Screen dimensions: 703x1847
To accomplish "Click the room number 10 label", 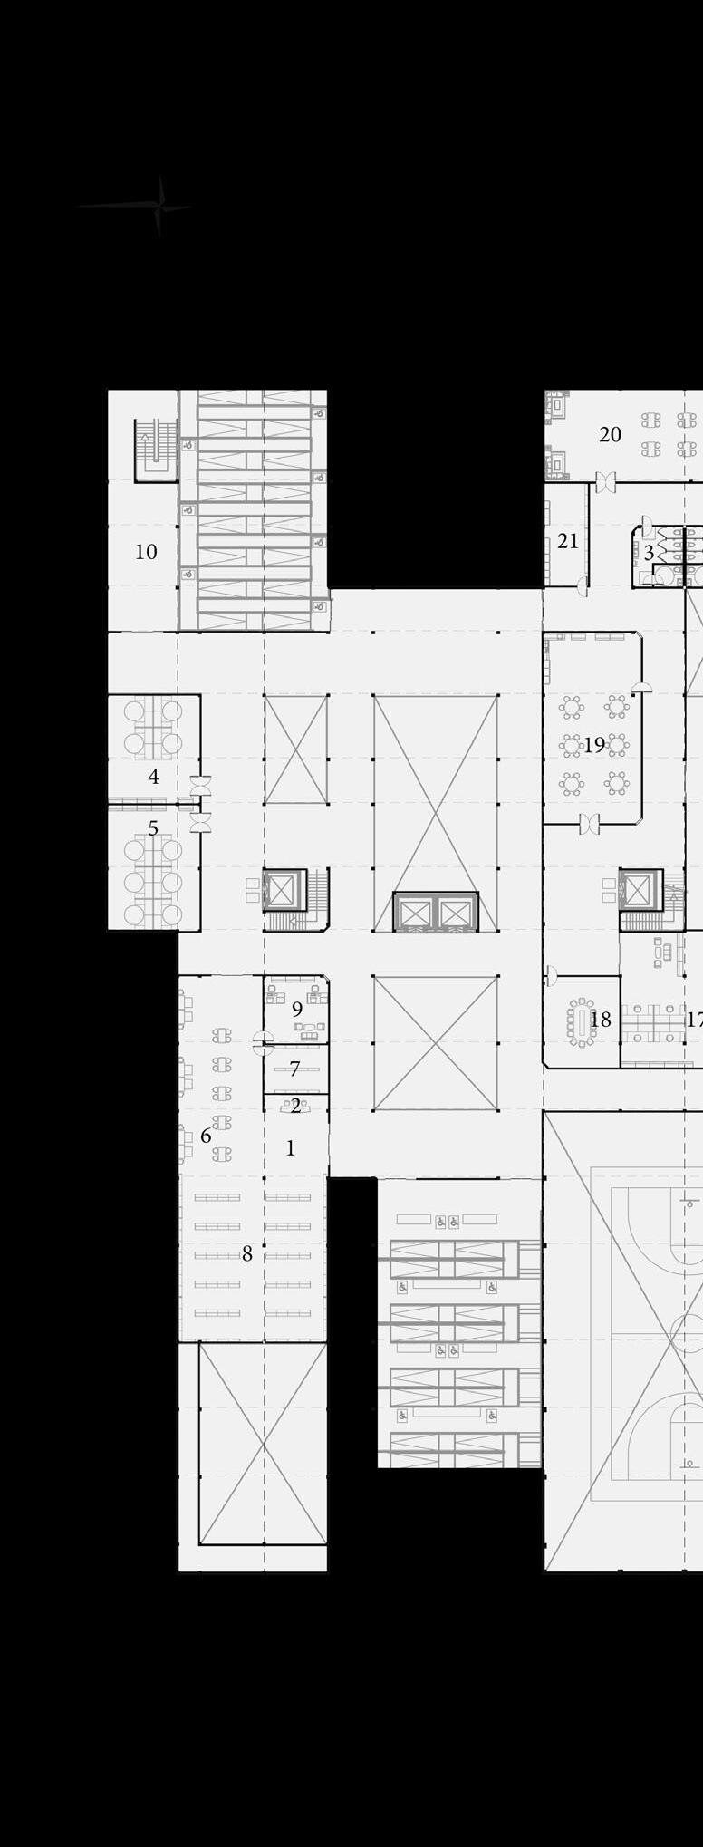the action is [146, 551].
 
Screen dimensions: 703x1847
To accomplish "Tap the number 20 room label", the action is [610, 435].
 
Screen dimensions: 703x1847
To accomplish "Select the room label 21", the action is [568, 541].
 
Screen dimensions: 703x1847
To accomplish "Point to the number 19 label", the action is [594, 745].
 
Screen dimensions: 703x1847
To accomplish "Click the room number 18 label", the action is [601, 1020].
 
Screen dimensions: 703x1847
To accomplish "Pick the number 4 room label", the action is [153, 777].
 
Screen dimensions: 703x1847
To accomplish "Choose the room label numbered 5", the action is [153, 828].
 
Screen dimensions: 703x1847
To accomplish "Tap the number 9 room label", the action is [297, 1009].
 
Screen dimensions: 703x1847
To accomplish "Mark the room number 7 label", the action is [294, 1069].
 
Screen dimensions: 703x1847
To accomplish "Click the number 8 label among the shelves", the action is [246, 1254].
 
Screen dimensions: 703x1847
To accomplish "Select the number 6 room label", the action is [206, 1136].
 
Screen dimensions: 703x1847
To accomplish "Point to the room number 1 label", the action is [290, 1148].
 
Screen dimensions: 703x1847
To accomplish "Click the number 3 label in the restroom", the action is [649, 553].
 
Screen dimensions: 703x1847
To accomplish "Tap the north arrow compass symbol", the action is [159, 207].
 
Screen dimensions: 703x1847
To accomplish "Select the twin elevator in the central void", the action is [435, 912].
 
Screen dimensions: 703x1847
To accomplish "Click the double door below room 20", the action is [605, 482].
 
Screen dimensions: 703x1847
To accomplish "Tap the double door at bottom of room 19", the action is [590, 824].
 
